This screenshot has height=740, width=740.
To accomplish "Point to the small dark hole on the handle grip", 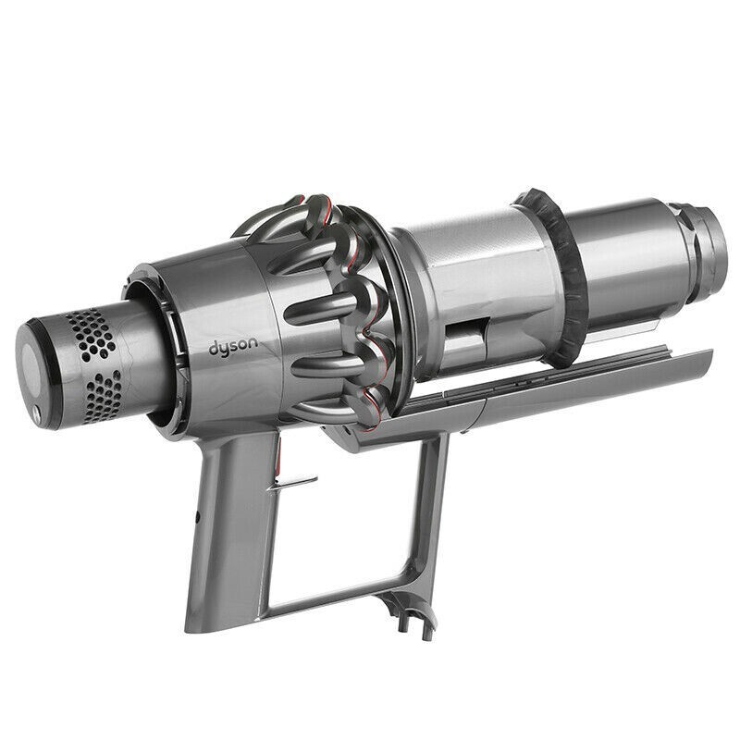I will [197, 512].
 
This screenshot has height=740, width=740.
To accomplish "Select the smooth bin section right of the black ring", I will [620, 259].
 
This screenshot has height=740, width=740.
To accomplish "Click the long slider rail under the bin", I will [555, 379].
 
